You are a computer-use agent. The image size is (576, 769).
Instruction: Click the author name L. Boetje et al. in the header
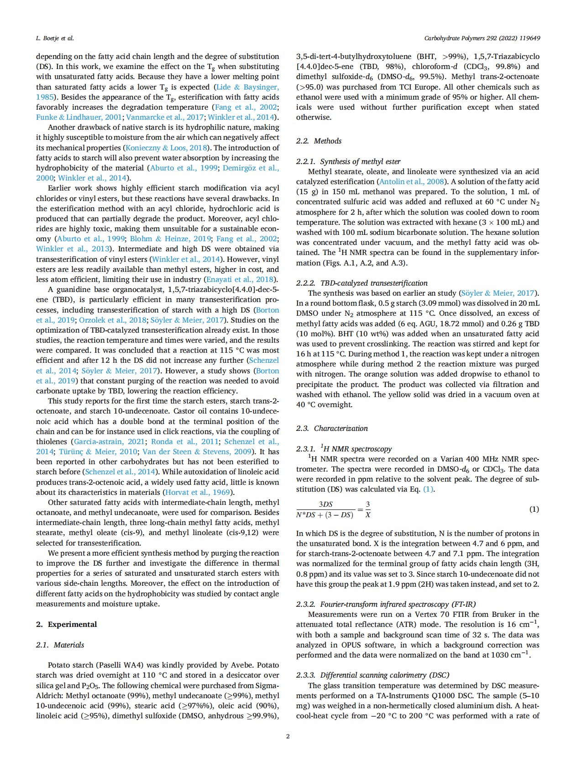point(55,38)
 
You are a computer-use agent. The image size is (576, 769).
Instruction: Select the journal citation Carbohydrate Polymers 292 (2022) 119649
point(482,38)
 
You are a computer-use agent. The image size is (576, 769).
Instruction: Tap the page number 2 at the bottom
point(288,736)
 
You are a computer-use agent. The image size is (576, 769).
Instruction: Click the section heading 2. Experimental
point(67,624)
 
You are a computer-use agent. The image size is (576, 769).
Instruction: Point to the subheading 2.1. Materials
point(60,645)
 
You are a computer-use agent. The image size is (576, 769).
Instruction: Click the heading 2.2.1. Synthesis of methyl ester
point(348,161)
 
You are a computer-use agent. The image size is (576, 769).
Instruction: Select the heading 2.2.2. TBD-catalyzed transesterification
point(362,283)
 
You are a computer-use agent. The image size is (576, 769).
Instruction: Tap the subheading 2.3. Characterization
point(332,428)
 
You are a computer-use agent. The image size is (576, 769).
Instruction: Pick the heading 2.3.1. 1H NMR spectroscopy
point(344,449)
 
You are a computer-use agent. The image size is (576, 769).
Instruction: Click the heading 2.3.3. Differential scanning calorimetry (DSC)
point(372,675)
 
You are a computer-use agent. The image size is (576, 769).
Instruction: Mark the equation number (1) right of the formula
point(534,509)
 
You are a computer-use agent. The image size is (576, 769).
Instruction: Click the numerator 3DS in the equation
point(326,504)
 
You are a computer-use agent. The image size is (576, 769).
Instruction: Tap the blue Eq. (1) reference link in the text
point(428,489)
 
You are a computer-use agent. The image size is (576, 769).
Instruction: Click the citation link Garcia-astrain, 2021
point(110,441)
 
